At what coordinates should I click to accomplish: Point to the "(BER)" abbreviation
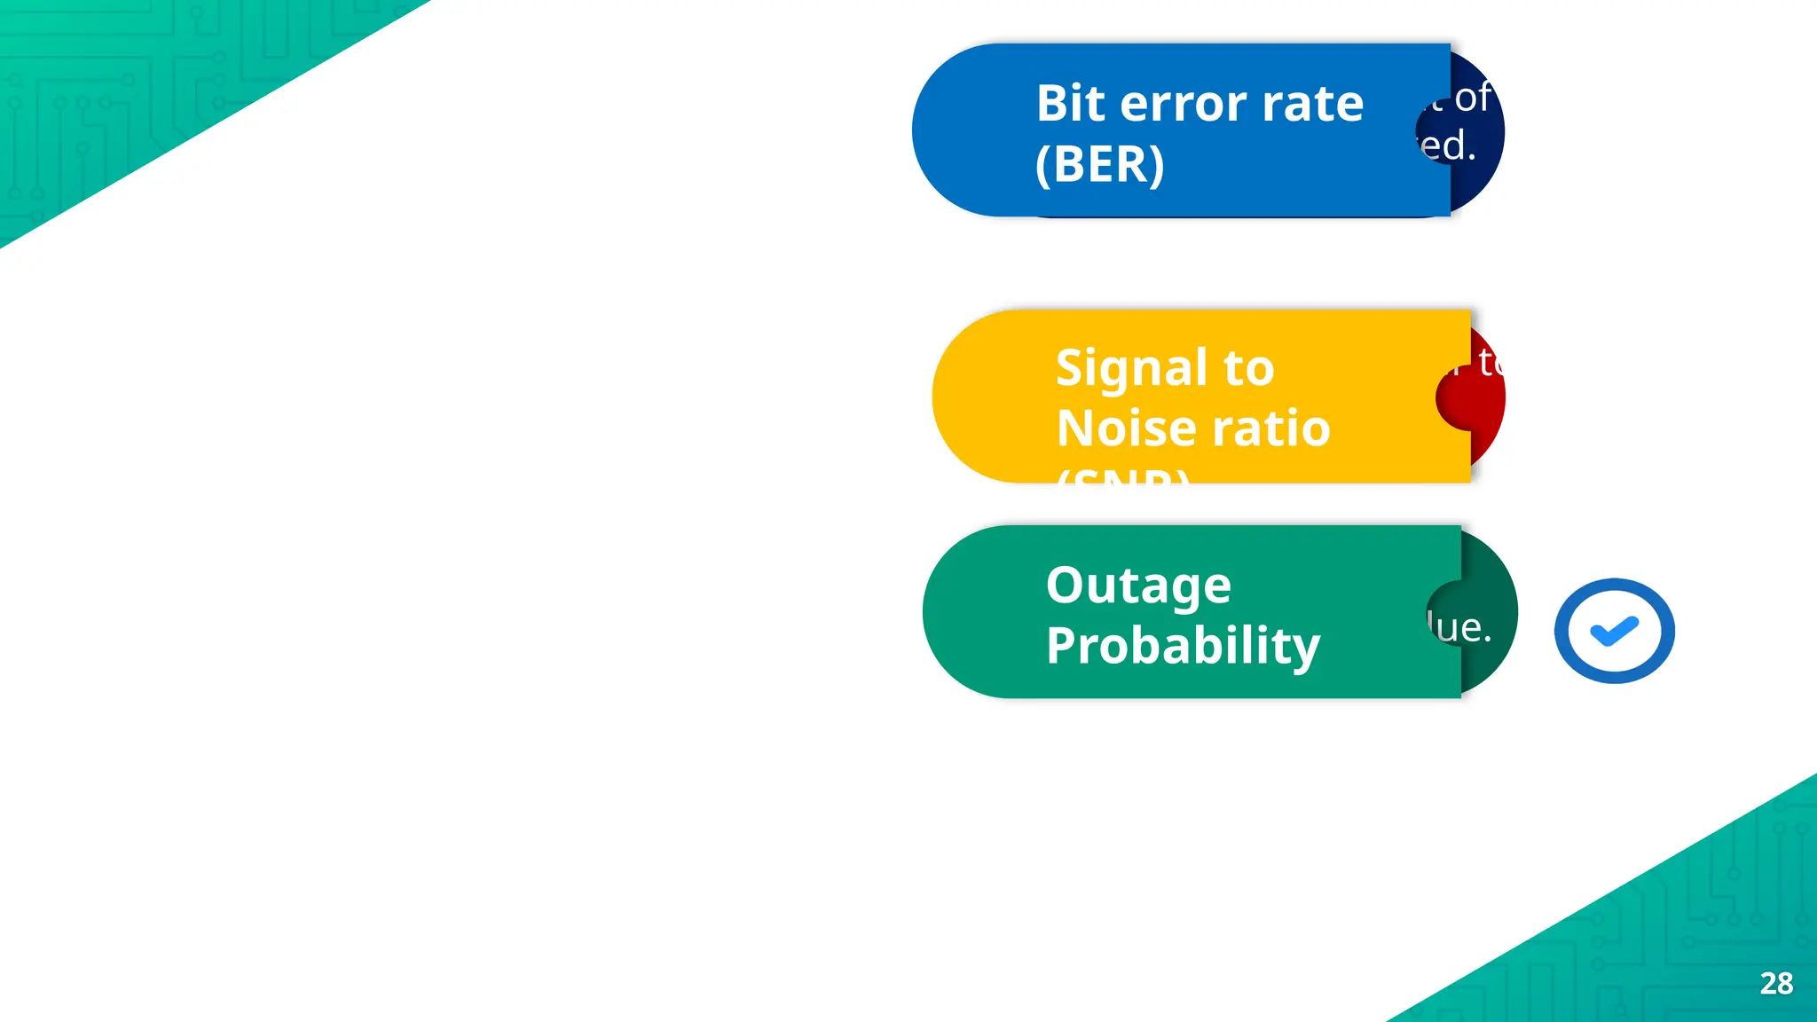[x=1099, y=164]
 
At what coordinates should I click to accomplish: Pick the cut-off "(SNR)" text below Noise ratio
[x=1123, y=476]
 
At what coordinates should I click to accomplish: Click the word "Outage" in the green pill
[x=1138, y=586]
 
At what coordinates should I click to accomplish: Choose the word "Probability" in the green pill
[x=1183, y=646]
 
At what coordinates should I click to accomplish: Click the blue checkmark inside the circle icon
[x=1614, y=631]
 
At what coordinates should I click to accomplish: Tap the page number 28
[x=1776, y=983]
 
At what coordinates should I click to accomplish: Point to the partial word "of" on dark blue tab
[x=1473, y=97]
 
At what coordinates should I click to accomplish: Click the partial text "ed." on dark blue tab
[x=1448, y=145]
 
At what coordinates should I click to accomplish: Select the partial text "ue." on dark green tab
[x=1461, y=627]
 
